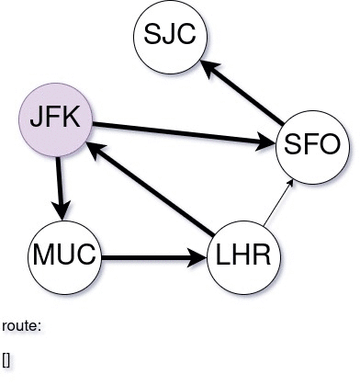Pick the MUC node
(x=64, y=253)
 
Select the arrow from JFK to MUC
(x=62, y=185)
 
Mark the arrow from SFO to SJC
(x=243, y=92)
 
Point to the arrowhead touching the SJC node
(x=208, y=66)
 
